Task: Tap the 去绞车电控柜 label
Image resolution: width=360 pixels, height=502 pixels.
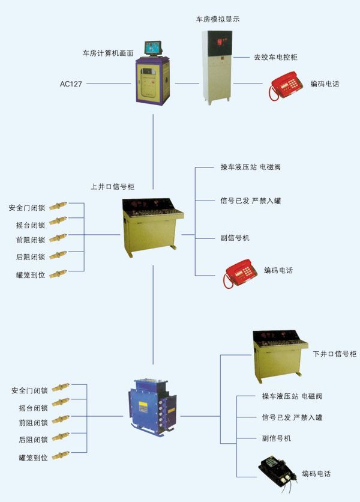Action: click(x=276, y=58)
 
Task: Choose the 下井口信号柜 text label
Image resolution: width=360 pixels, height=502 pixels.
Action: click(x=335, y=354)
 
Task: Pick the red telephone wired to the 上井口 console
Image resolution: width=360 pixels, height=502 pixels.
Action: click(x=241, y=272)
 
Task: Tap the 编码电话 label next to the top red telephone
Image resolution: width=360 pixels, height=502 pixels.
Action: click(x=325, y=84)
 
